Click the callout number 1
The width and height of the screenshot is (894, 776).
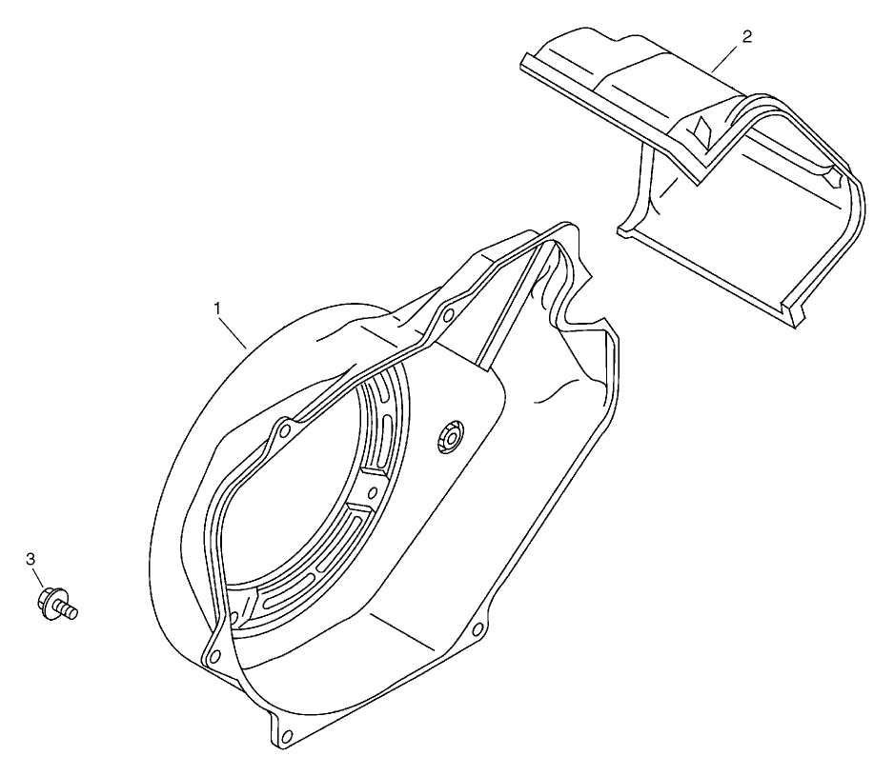coord(218,308)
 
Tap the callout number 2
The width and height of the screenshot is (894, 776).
coord(746,36)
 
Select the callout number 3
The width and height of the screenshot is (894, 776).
coord(30,559)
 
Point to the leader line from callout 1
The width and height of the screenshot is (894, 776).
coord(234,328)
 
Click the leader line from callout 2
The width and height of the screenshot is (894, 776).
coord(728,55)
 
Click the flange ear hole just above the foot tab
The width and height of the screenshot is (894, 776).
coord(213,652)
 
